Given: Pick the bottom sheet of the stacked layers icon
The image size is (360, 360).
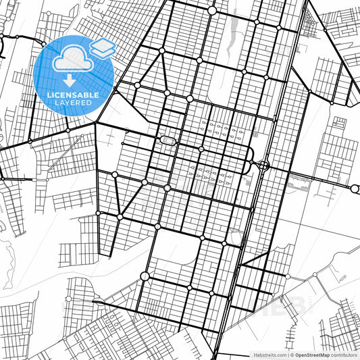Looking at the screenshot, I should click(103, 52).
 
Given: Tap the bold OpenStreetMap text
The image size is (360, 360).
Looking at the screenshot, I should click(311, 355).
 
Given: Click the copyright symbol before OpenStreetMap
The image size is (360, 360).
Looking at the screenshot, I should click(291, 355).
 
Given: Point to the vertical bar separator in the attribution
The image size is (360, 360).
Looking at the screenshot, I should click(286, 355).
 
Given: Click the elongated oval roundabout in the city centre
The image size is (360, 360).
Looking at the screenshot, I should click(168, 140).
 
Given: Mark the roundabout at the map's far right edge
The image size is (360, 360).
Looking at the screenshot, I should click(355, 188).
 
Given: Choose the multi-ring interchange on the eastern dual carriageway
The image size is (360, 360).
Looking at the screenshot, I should click(263, 164).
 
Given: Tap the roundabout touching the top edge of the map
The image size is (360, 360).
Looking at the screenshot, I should click(212, 11).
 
